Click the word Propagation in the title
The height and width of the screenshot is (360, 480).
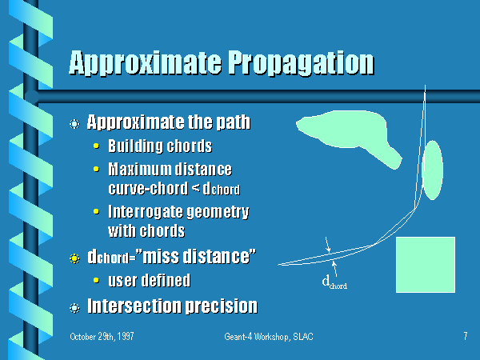click(302, 64)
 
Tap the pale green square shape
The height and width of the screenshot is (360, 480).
click(426, 265)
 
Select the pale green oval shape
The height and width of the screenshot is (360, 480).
click(432, 170)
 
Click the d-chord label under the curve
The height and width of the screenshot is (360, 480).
click(334, 282)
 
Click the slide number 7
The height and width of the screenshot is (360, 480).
click(466, 336)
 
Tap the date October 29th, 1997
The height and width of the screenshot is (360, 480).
click(102, 337)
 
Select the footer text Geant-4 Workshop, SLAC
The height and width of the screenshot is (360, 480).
click(269, 337)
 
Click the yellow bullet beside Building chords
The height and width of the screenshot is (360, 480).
click(96, 146)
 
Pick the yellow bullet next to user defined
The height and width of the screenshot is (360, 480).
click(96, 280)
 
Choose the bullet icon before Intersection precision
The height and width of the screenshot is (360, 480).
click(74, 308)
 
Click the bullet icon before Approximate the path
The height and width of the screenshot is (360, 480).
click(74, 124)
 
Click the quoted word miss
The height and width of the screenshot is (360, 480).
click(161, 256)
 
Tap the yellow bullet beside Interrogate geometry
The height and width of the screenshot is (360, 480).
click(96, 211)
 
